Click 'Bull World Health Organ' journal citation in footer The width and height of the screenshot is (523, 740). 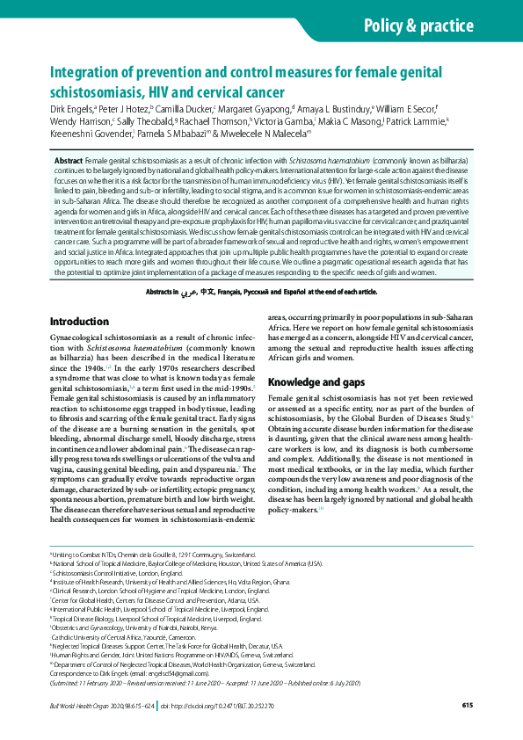click(79, 705)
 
